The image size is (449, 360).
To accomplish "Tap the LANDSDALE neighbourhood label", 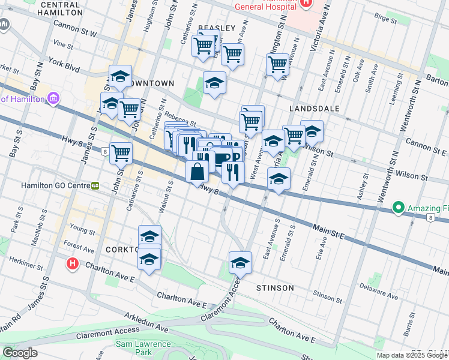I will point(314,109).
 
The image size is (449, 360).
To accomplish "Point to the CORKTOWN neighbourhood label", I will point(122,248).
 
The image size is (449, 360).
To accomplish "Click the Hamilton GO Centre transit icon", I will point(95,186).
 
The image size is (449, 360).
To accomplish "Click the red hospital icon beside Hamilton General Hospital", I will point(306,3).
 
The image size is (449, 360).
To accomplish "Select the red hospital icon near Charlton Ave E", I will point(73,263).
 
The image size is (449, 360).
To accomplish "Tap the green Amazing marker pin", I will point(397,208).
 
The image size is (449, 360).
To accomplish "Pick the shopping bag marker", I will point(197,172).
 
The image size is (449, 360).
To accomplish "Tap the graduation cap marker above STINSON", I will point(240,262).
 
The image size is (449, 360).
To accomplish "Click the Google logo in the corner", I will point(20,353).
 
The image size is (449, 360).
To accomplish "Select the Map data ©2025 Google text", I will point(411,355).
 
